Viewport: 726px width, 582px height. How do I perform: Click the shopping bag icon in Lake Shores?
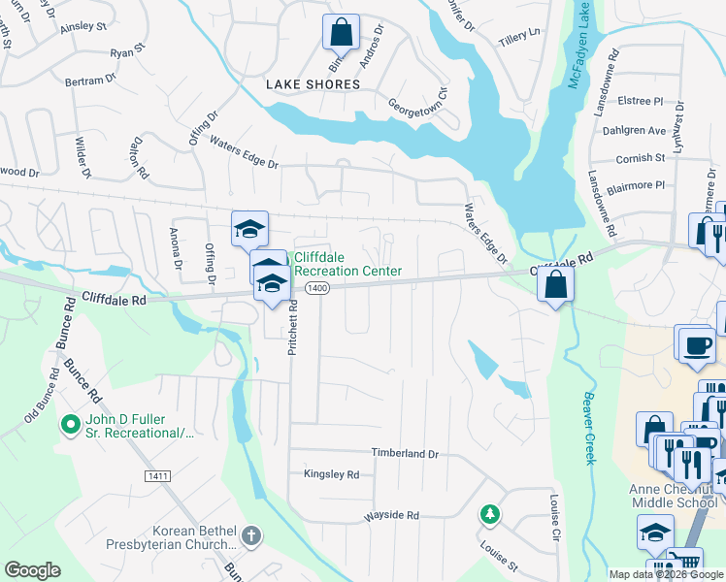click(x=342, y=34)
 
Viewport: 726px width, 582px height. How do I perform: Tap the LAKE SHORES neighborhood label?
click(x=313, y=84)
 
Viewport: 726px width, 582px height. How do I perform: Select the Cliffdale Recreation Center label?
click(x=346, y=264)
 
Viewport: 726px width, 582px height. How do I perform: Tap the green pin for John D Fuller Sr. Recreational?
click(x=70, y=425)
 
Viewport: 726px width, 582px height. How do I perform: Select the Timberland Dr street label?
click(x=405, y=453)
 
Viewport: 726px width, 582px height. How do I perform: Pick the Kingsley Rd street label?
click(x=331, y=474)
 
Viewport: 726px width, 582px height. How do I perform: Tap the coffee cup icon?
click(x=696, y=346)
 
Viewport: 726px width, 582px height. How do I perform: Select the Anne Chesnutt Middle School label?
click(x=673, y=496)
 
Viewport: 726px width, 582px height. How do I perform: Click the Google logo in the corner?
click(x=32, y=570)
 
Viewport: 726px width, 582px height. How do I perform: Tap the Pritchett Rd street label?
click(x=291, y=326)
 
